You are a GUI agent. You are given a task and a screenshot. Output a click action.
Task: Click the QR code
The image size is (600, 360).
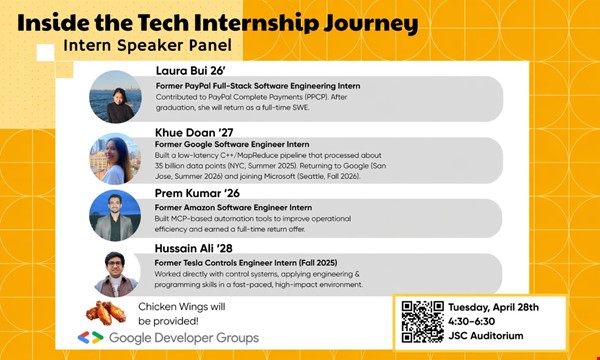click(423, 321)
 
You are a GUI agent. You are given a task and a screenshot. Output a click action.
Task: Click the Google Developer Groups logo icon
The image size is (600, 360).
click(91, 338)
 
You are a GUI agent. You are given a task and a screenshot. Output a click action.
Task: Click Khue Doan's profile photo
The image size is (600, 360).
click(115, 158)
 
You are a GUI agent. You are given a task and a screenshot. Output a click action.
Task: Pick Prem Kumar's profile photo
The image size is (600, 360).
click(115, 215)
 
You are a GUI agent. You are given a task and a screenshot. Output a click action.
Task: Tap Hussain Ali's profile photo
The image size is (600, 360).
click(115, 272)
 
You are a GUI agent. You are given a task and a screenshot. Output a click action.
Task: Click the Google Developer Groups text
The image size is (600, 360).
click(183, 338)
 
